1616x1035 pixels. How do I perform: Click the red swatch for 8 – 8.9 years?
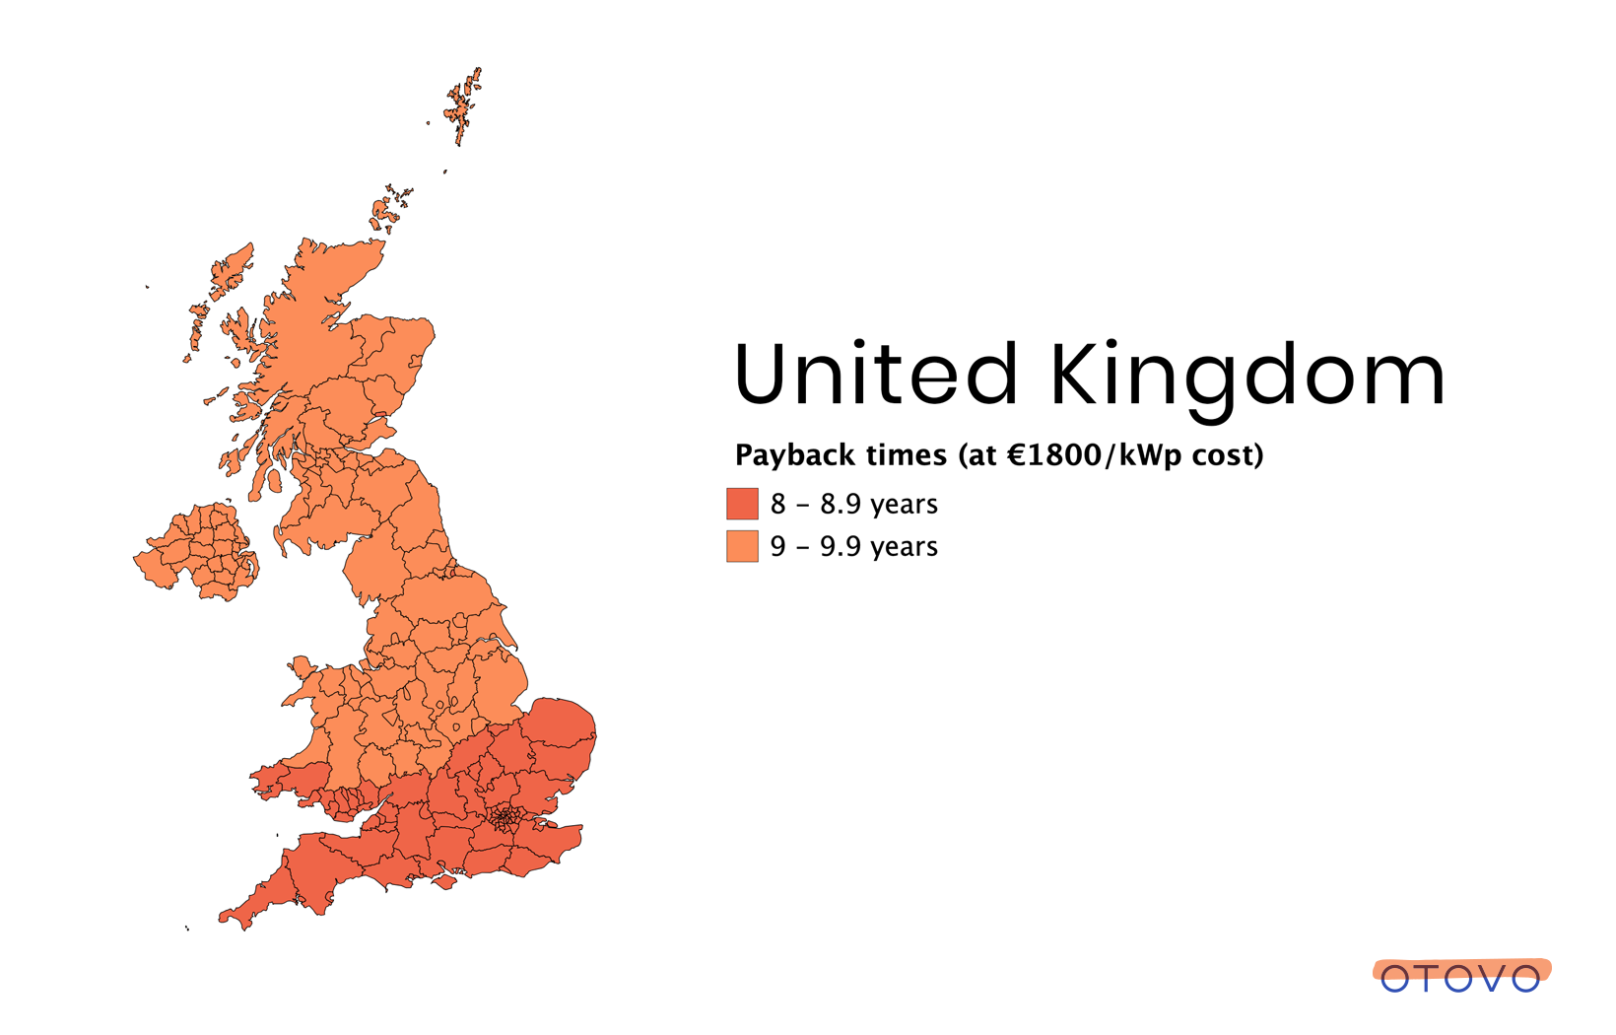coord(742,504)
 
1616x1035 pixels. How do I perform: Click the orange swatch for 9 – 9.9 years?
coord(742,546)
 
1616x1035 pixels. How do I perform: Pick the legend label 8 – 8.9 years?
coord(853,504)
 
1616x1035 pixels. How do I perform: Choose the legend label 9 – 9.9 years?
coord(853,546)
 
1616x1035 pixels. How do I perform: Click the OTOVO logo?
coord(1460,977)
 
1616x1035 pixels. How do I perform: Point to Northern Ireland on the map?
coord(202,552)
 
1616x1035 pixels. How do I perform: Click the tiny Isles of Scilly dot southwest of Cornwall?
coord(187,928)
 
